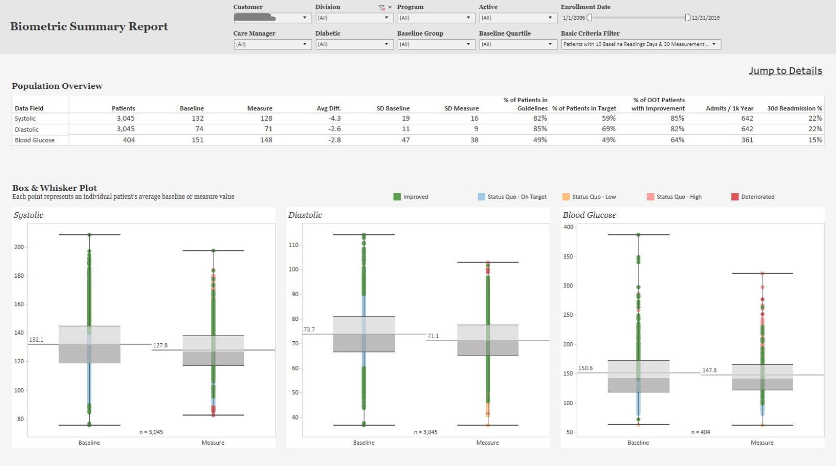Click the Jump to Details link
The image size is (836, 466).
pos(785,71)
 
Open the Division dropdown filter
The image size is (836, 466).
pos(354,18)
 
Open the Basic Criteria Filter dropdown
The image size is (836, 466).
pos(641,44)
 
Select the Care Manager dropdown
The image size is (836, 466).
pos(272,44)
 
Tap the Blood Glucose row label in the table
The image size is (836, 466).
pos(35,140)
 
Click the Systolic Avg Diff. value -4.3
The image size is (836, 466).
pos(334,118)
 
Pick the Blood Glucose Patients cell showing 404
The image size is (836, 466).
pos(128,140)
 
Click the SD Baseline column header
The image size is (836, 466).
pos(393,108)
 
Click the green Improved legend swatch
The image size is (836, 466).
pos(397,197)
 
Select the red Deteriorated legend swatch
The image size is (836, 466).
pos(735,197)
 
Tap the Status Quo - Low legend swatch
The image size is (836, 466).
pos(566,197)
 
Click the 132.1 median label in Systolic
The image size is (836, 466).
pos(36,340)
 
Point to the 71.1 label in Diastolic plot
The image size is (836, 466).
pos(433,336)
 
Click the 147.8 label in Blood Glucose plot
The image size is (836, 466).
pos(709,371)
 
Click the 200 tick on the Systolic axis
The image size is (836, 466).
pos(19,247)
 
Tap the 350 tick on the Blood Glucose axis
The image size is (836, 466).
pos(568,256)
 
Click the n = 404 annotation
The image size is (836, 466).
pos(700,432)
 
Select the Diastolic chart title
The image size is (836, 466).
pos(305,215)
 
